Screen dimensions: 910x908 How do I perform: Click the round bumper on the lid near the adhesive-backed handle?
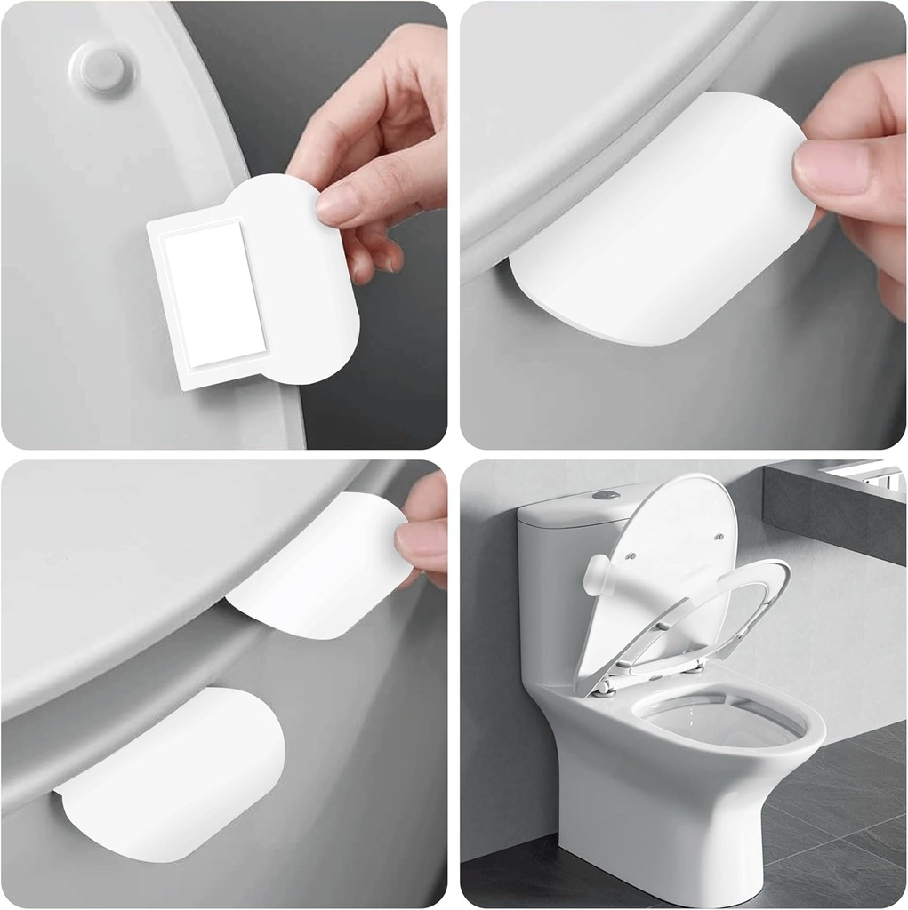[x=100, y=68]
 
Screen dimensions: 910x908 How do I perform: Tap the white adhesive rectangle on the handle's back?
[x=213, y=294]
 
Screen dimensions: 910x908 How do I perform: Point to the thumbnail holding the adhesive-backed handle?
[x=339, y=205]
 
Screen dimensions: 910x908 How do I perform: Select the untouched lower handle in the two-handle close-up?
[x=178, y=773]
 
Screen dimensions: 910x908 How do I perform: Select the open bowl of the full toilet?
[x=720, y=720]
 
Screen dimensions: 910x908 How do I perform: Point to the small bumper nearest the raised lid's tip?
[x=716, y=532]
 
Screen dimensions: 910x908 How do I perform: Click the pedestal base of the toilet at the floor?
[x=658, y=853]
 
